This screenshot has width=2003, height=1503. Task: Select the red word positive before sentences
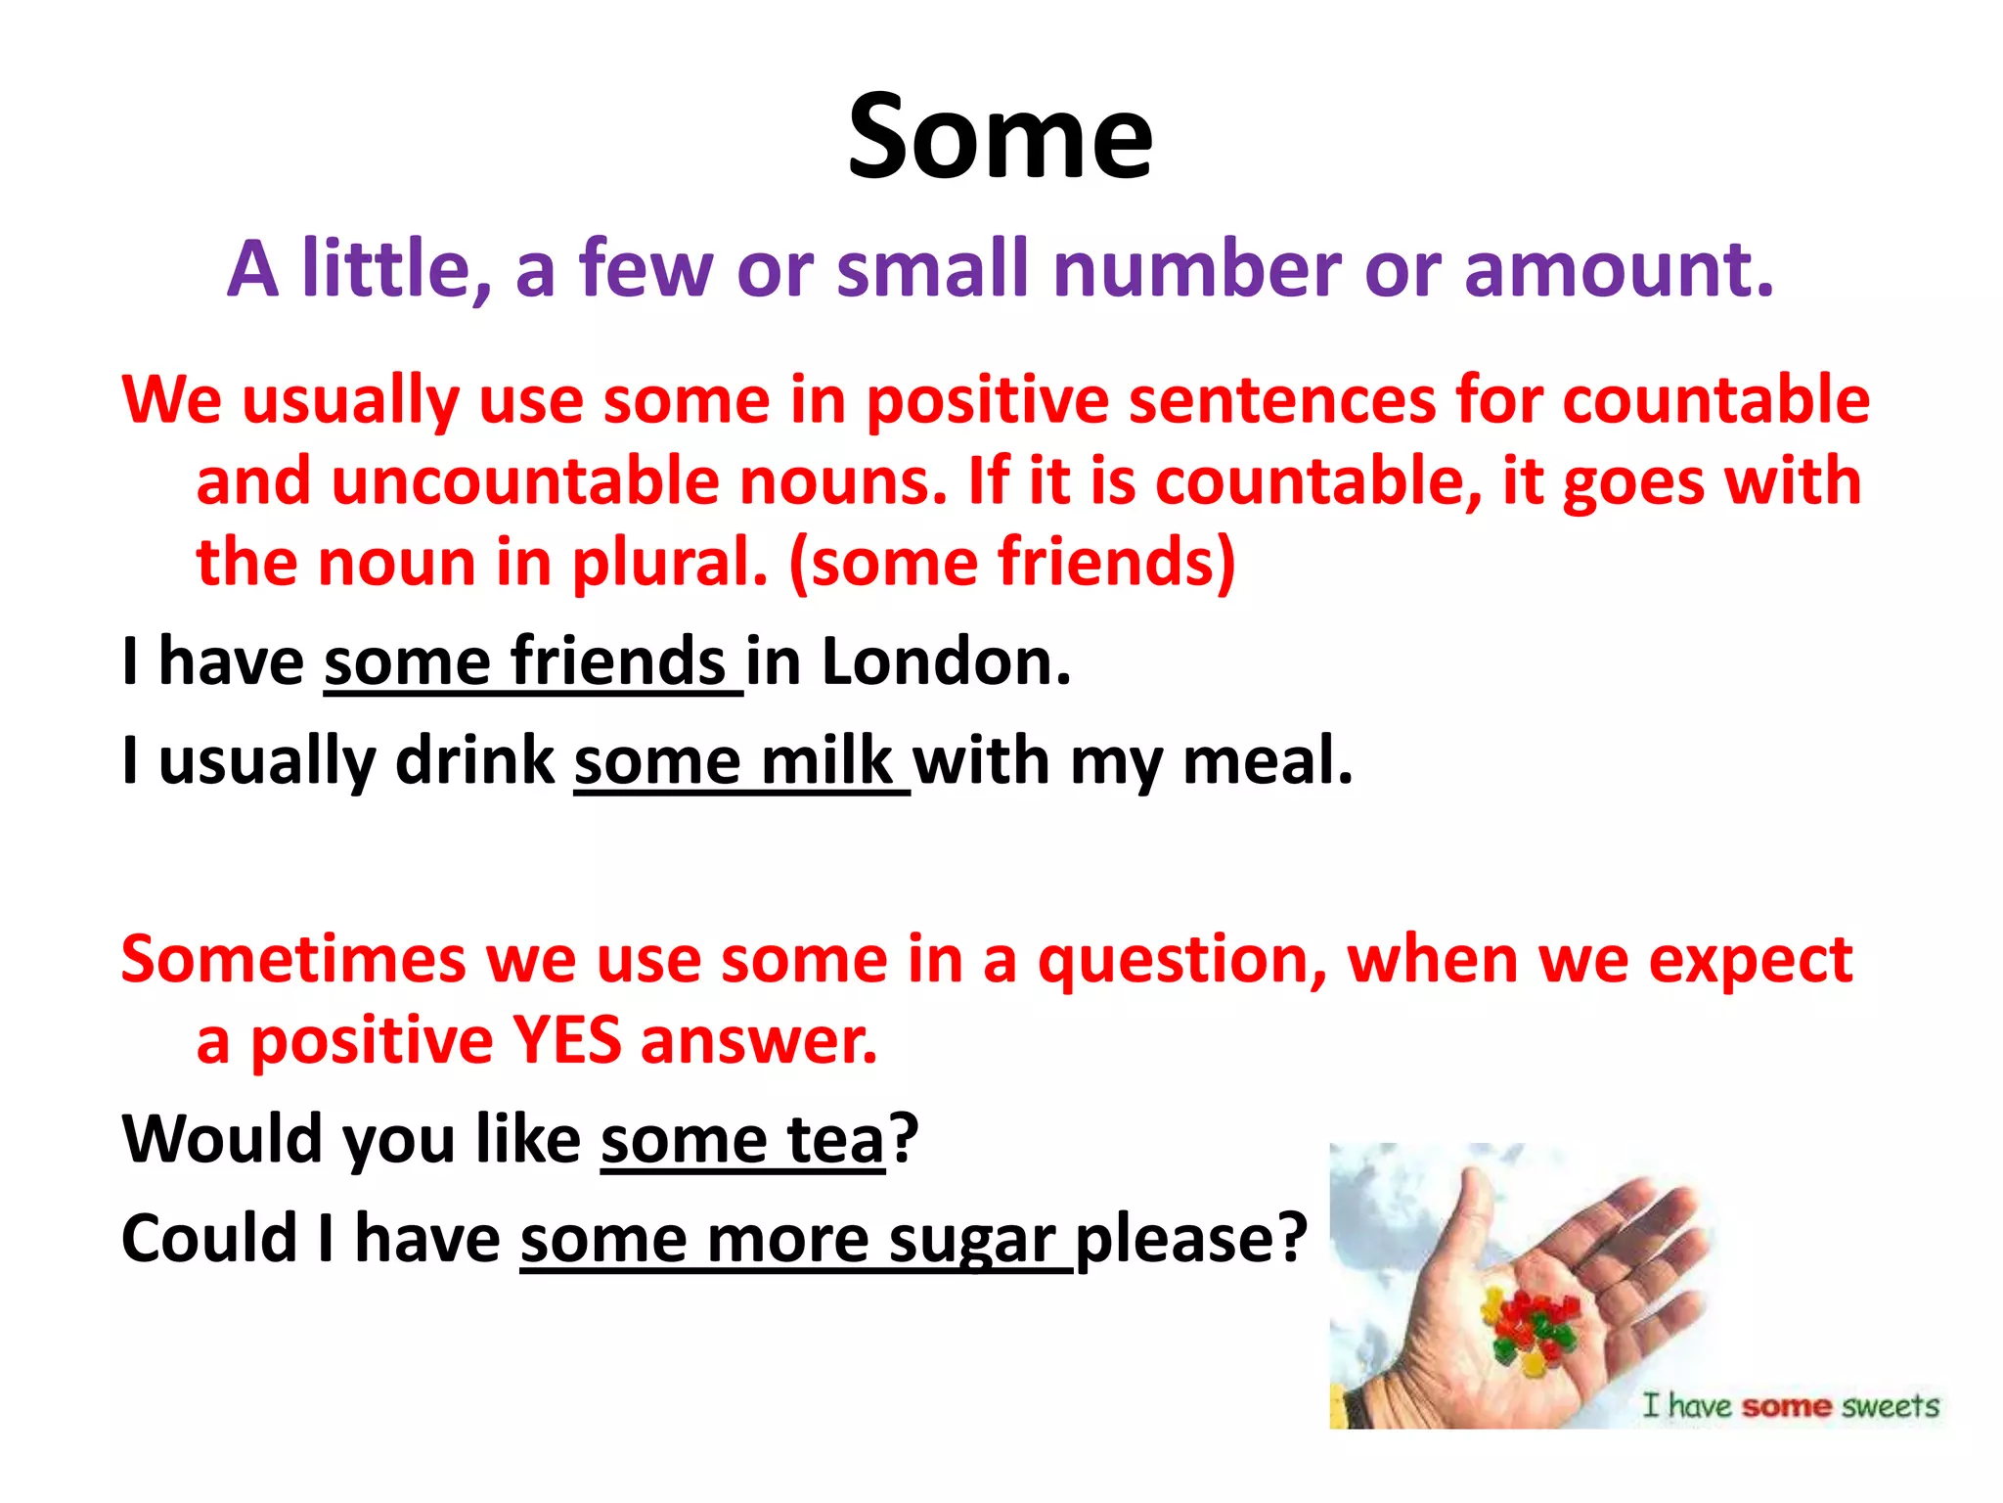[988, 400]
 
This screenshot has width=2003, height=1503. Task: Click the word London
[946, 662]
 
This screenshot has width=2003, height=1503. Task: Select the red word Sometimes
[293, 959]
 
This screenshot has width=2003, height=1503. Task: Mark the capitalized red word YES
[567, 1040]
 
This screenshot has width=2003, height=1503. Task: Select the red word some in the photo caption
[1786, 1406]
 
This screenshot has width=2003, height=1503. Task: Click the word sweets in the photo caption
[1890, 1406]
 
